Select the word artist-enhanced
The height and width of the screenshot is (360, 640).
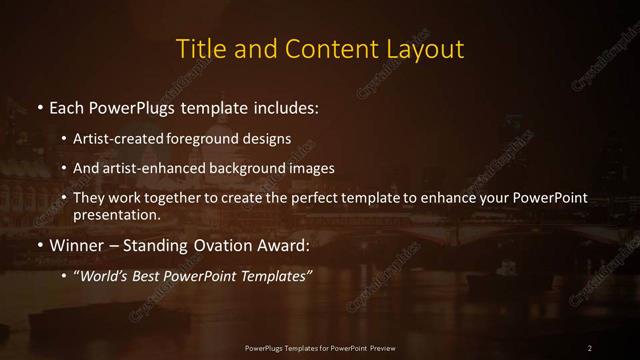(164, 168)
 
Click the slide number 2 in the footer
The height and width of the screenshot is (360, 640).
(590, 347)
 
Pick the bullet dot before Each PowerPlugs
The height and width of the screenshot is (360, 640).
(39, 106)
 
